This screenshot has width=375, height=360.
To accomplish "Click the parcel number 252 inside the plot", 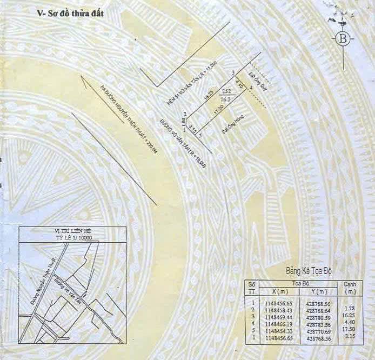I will [226, 91].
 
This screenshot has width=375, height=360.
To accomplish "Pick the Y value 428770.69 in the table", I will [316, 330].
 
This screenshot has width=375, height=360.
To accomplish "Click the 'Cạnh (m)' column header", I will [350, 287].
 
